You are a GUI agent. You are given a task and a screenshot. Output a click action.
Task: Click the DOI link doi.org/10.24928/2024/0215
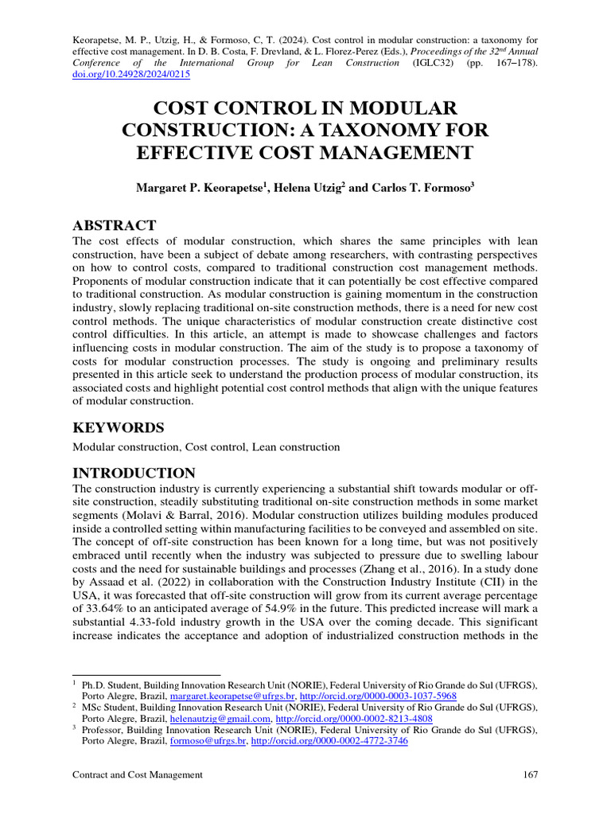pyautogui.click(x=131, y=75)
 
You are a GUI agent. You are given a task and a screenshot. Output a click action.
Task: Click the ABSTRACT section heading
pyautogui.click(x=115, y=225)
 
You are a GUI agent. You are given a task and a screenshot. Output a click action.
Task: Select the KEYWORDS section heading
pyautogui.click(x=119, y=427)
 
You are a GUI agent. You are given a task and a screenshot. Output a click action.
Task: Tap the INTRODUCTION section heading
pyautogui.click(x=134, y=473)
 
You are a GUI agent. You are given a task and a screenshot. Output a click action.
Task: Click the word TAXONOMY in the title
pyautogui.click(x=382, y=129)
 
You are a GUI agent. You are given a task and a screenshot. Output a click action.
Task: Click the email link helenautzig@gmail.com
pyautogui.click(x=219, y=718)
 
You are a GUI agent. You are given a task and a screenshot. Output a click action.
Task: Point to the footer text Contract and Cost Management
pyautogui.click(x=138, y=774)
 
